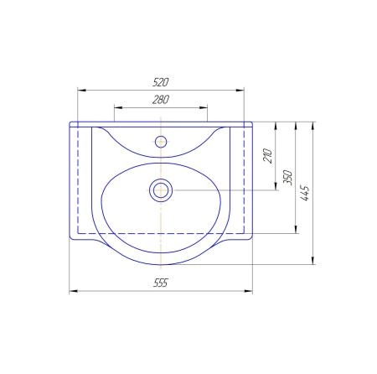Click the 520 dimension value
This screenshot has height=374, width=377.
(x=161, y=82)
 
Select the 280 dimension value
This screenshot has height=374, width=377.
(x=161, y=100)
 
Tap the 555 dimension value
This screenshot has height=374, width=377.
(x=161, y=283)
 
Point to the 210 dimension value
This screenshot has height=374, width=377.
(x=267, y=156)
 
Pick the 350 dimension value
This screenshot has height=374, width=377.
(x=287, y=177)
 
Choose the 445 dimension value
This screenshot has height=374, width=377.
(x=305, y=193)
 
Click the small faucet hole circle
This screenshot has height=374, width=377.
(x=161, y=142)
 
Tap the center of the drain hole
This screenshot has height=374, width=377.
(x=161, y=190)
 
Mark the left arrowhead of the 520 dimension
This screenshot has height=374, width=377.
(x=81, y=90)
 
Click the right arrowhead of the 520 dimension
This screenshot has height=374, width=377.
(x=240, y=90)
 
